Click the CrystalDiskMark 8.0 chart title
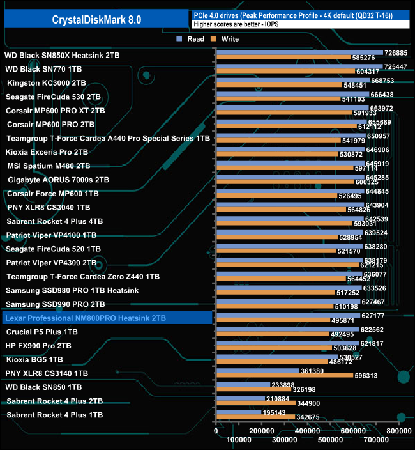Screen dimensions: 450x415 [x=96, y=20]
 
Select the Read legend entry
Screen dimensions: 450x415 [x=192, y=39]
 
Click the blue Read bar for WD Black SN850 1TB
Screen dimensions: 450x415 [x=243, y=385]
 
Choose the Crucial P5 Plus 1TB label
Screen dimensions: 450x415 [x=41, y=332]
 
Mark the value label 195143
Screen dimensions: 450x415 [x=276, y=412]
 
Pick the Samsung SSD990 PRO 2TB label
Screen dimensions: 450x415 [x=55, y=304]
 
